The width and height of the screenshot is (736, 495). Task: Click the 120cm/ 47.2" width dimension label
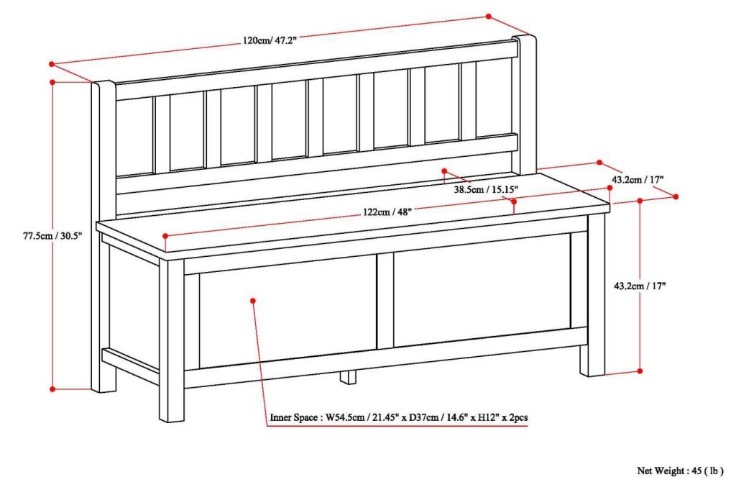point(270,40)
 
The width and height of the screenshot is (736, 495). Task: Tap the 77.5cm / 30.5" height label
point(52,236)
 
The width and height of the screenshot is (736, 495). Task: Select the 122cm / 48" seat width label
point(387,212)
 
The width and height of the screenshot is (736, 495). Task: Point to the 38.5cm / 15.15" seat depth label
point(486,190)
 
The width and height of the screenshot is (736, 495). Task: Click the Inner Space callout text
point(398,417)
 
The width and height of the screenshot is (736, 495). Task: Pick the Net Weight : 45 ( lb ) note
point(680,471)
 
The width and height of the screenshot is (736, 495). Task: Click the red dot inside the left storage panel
point(253,301)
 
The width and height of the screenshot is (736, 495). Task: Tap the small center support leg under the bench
point(349,376)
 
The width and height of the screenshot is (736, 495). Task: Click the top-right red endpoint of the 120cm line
point(489,17)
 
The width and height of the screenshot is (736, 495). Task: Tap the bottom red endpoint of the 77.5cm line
point(52,389)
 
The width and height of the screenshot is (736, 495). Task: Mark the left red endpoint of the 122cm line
point(165,235)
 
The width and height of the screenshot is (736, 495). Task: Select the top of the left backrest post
point(103,83)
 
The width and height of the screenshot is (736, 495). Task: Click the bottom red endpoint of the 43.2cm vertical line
point(640,371)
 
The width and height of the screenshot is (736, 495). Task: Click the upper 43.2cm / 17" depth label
point(638,179)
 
